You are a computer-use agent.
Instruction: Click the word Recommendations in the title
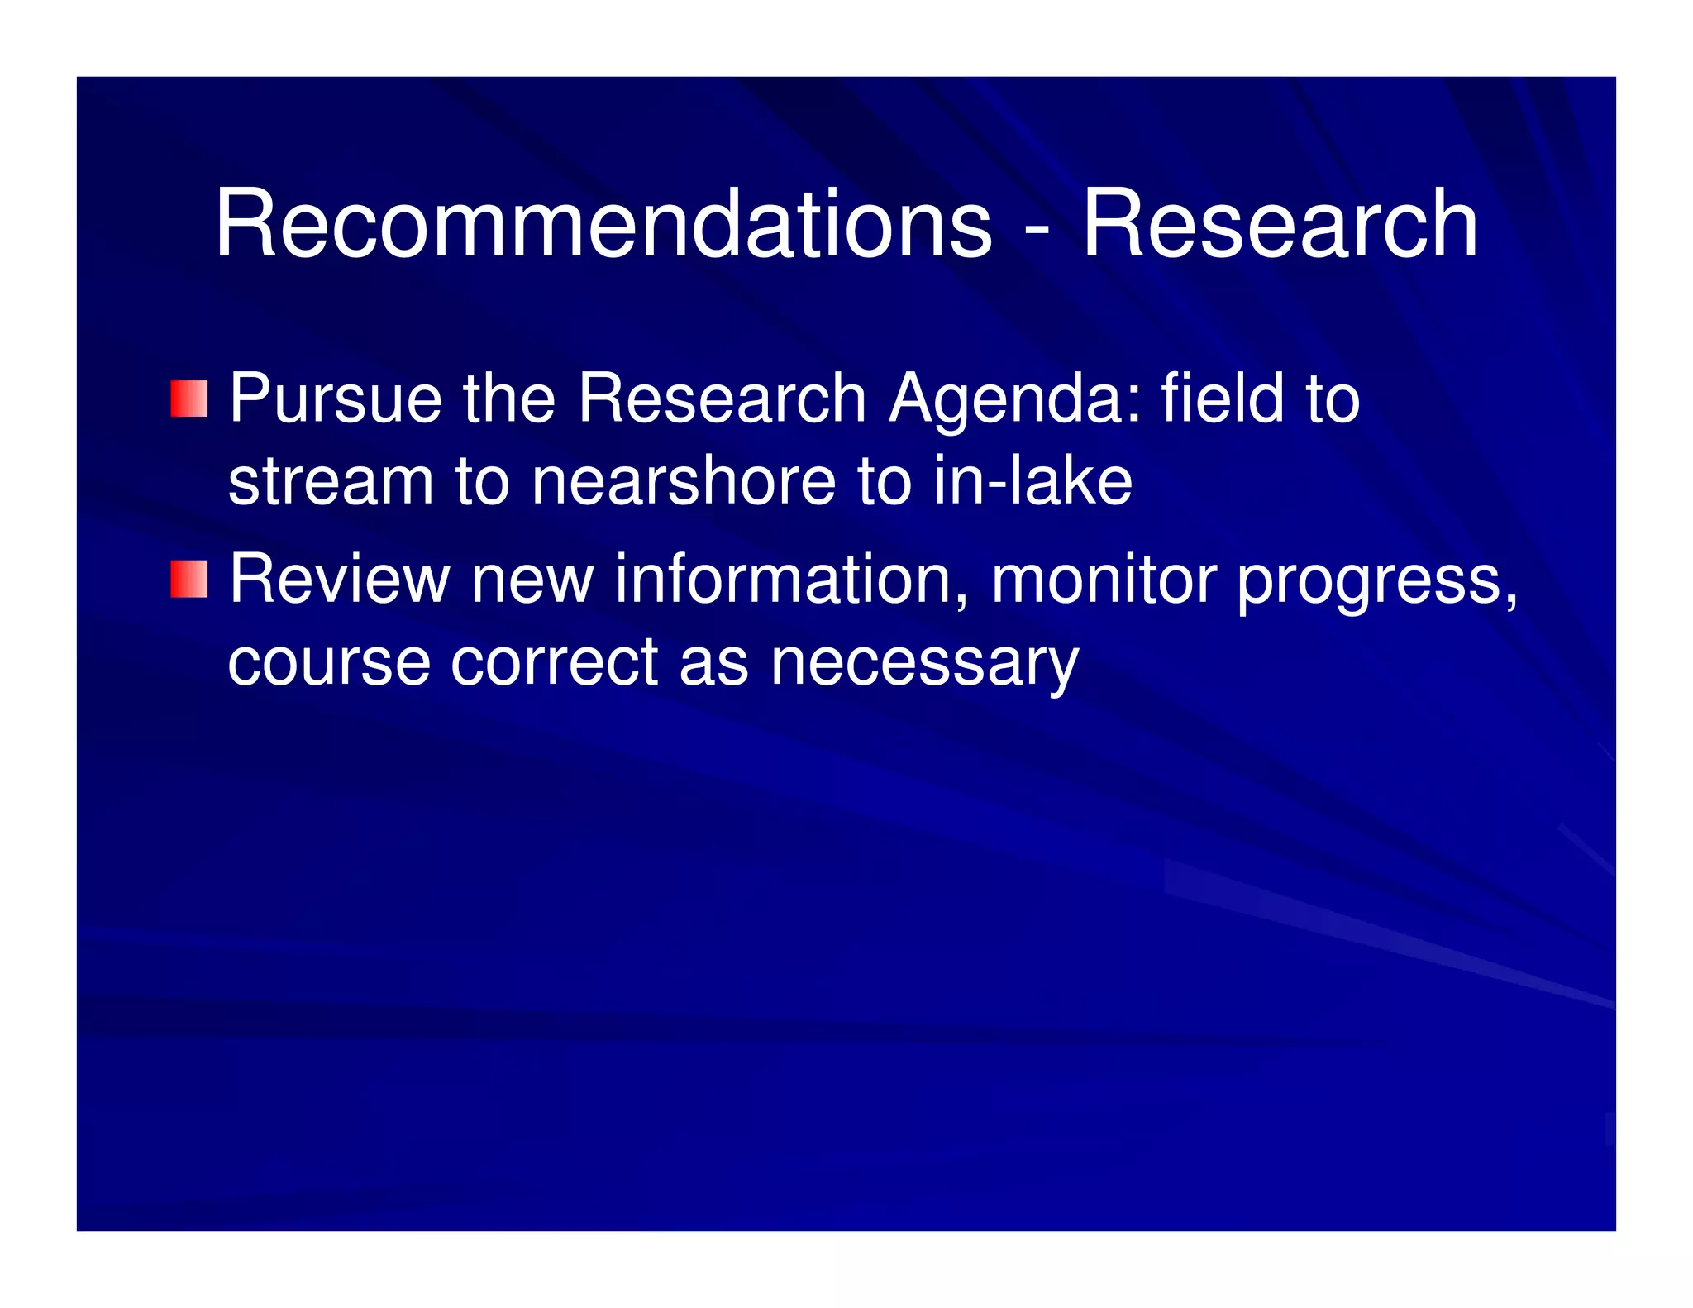pos(603,224)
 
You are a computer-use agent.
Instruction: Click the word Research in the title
pos(1280,224)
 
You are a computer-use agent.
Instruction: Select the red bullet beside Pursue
pos(188,399)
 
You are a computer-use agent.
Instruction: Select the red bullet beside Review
pos(188,579)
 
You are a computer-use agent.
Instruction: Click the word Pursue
pos(335,399)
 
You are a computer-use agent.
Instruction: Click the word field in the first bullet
pos(1223,399)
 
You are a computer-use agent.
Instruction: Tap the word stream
pos(331,482)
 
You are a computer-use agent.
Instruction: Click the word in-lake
pos(1032,482)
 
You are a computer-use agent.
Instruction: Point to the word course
pos(329,662)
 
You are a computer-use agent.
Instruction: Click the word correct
pos(554,662)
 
